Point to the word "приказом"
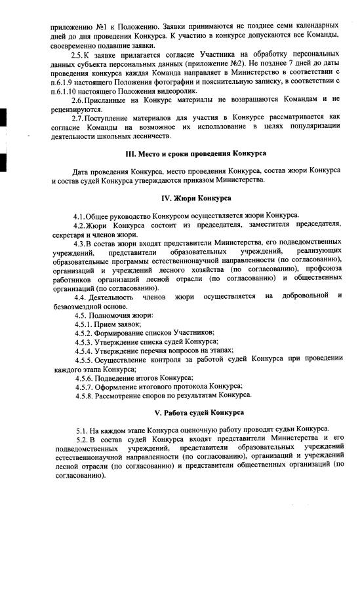221,180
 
